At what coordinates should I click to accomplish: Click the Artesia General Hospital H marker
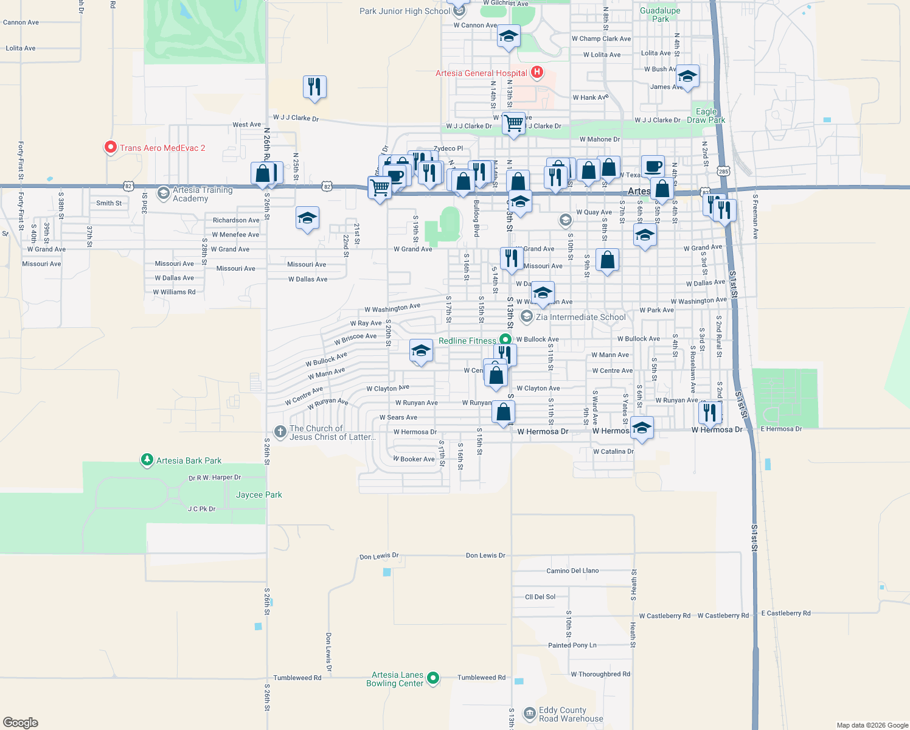click(537, 73)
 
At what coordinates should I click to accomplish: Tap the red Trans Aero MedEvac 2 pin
click(110, 147)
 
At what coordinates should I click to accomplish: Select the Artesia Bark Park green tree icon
click(147, 460)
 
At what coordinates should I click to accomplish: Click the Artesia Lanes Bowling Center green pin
click(433, 678)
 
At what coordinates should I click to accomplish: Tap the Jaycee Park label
click(259, 495)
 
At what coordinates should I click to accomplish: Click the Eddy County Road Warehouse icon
click(529, 713)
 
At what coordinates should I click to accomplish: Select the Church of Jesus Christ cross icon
click(280, 432)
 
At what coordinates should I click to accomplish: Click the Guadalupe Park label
click(660, 15)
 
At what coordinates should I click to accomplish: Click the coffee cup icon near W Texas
click(653, 166)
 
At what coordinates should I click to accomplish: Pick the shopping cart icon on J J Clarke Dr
click(514, 123)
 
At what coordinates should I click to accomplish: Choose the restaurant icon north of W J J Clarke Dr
click(314, 87)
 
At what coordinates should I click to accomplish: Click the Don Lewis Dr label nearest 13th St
click(485, 555)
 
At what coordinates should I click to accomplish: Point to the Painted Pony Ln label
click(572, 645)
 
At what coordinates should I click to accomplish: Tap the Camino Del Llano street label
click(572, 571)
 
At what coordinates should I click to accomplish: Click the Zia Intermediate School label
click(580, 317)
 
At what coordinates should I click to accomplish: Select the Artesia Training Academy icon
click(163, 193)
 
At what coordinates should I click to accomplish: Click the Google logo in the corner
click(21, 722)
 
